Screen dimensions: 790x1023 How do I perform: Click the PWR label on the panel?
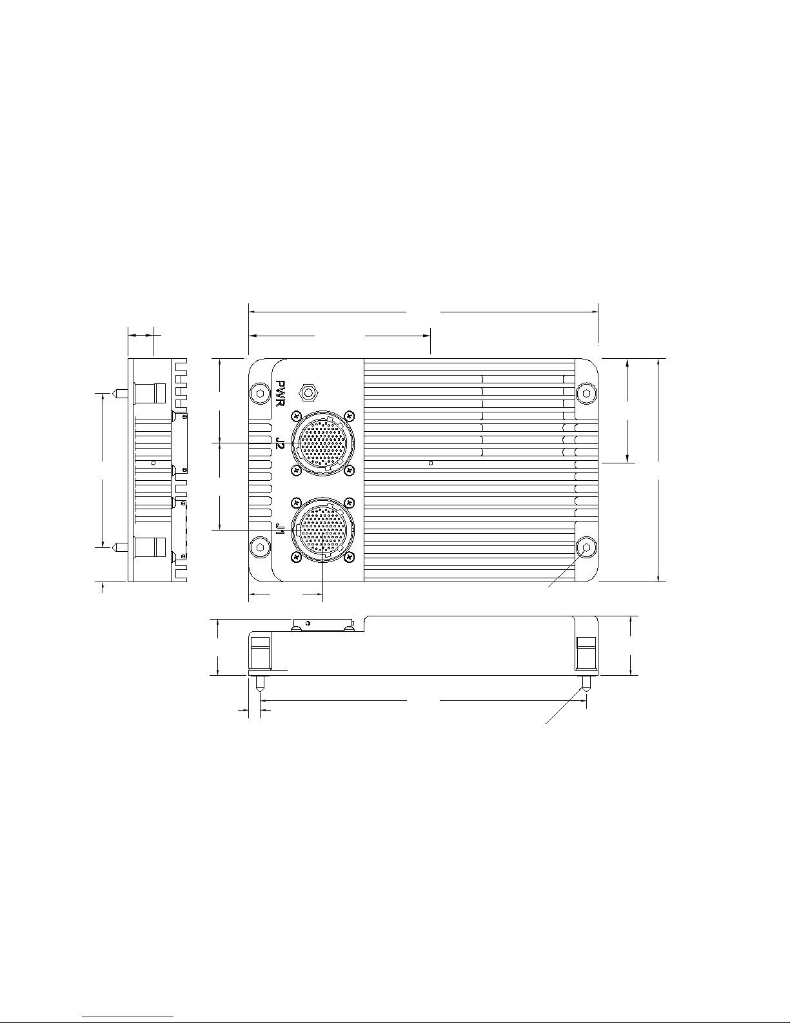(281, 394)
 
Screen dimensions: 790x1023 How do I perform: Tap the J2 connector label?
(281, 443)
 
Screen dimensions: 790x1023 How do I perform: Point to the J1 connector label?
(281, 529)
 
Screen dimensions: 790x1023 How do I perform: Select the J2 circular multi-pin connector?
(323, 443)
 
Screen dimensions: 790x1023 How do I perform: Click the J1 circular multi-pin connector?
(323, 531)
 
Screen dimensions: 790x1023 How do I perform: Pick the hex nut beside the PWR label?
(308, 392)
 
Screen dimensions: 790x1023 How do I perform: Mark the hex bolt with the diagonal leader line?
(586, 547)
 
